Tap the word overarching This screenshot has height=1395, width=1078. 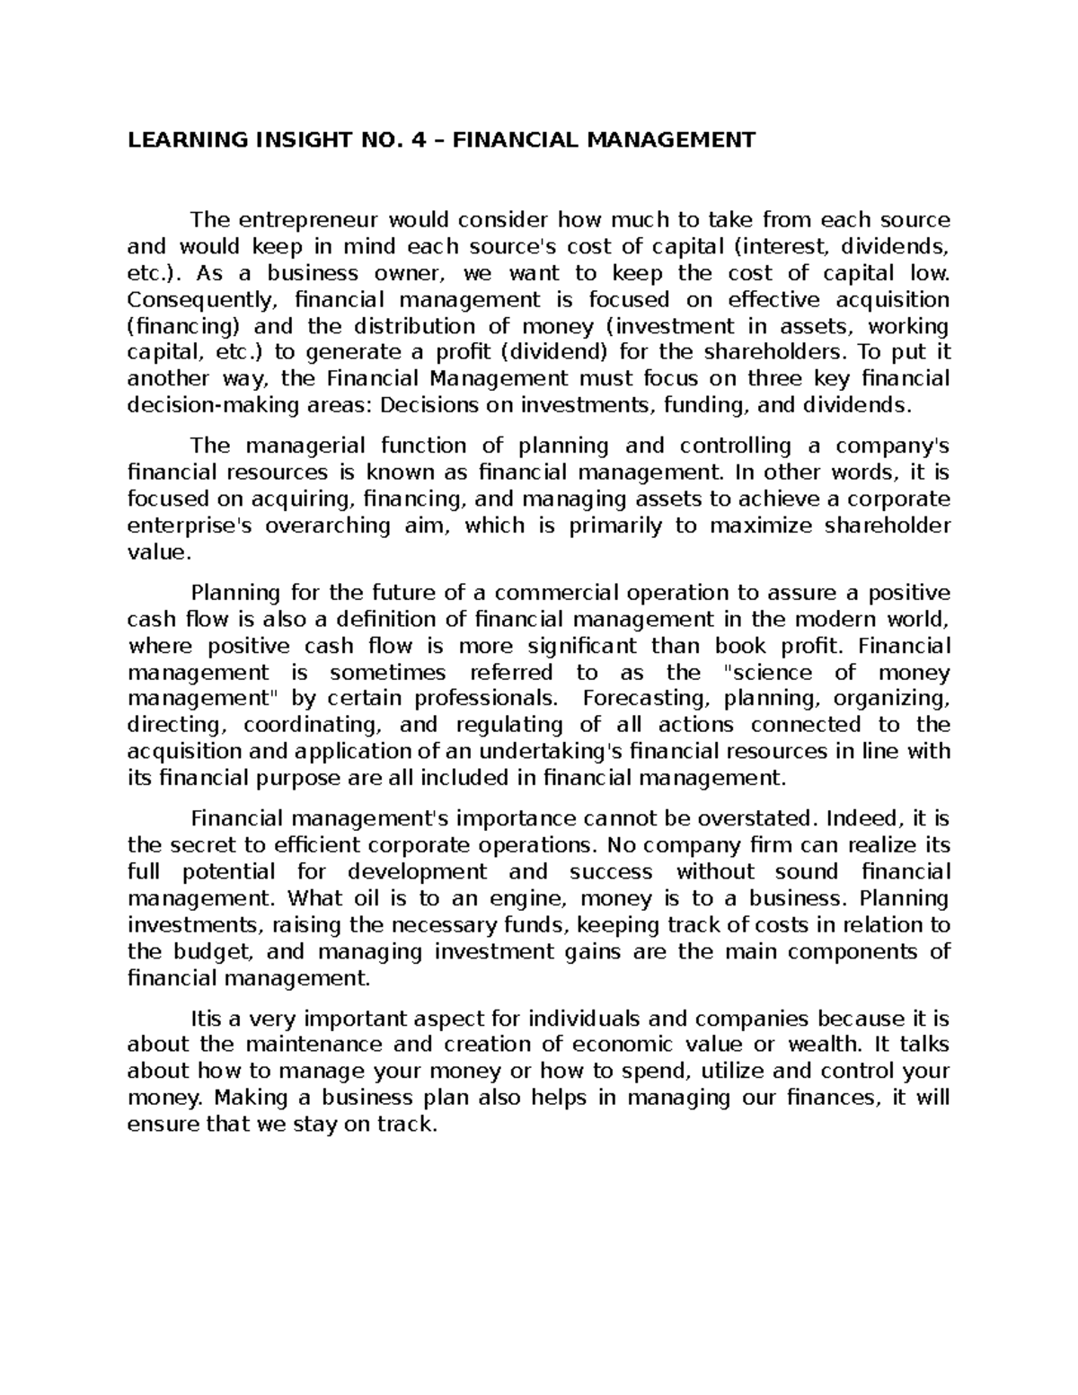328,526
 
